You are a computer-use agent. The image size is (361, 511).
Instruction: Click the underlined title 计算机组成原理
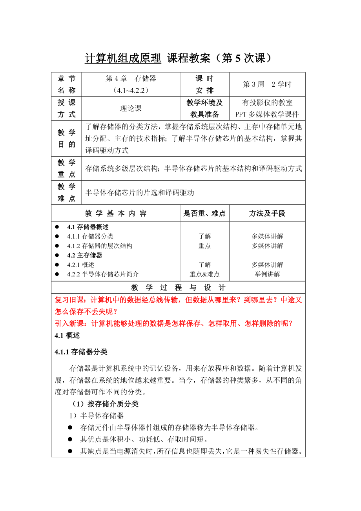click(x=123, y=58)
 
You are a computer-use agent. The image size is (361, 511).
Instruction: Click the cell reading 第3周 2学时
click(x=267, y=84)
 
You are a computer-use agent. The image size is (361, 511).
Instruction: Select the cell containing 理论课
click(x=131, y=109)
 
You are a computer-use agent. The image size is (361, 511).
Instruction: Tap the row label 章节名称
click(x=66, y=84)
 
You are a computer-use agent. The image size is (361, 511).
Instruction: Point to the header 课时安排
click(x=204, y=84)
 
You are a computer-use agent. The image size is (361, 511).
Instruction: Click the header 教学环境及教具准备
click(x=204, y=109)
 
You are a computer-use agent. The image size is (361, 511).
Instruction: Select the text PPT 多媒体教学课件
click(x=267, y=115)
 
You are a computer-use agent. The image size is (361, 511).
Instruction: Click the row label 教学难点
click(x=66, y=193)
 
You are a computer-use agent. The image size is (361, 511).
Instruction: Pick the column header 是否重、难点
click(x=204, y=214)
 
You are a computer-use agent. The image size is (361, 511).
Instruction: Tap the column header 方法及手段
click(x=267, y=214)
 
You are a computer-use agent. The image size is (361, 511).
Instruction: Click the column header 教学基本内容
click(x=115, y=214)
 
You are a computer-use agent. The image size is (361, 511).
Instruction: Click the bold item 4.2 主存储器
click(x=85, y=255)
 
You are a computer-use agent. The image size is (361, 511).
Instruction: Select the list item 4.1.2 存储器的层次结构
click(x=100, y=246)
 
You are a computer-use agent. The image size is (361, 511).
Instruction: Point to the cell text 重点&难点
click(x=204, y=274)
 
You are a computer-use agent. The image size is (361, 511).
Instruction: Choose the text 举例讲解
click(x=267, y=274)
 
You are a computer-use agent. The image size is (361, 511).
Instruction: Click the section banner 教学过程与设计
click(x=178, y=287)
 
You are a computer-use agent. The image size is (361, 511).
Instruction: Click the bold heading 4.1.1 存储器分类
click(x=81, y=352)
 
